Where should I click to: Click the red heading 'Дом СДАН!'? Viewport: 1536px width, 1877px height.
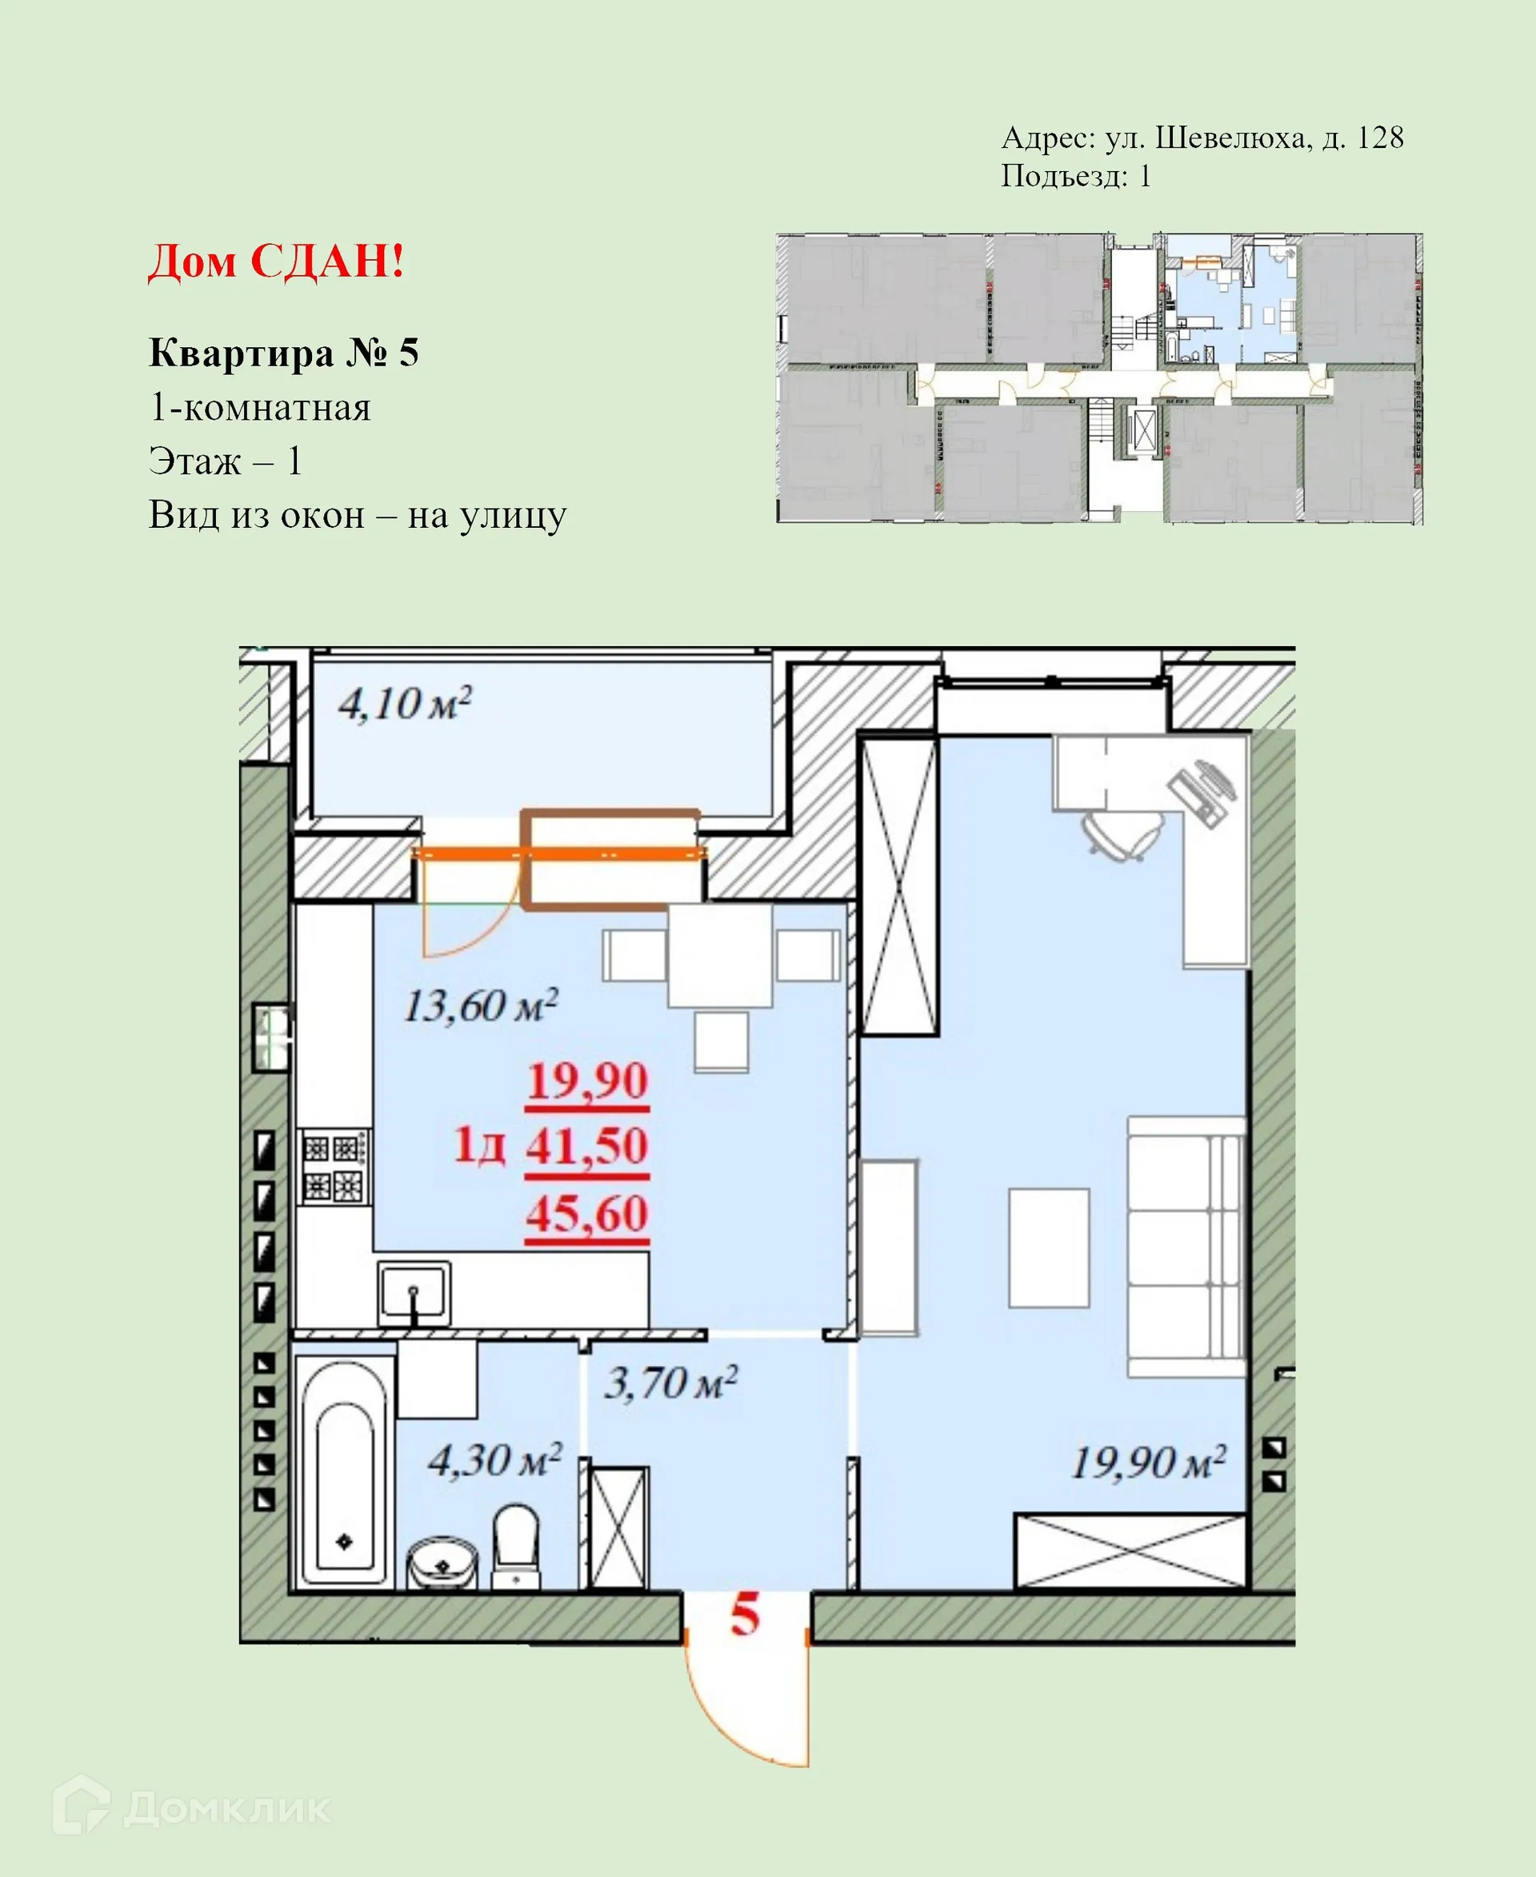[276, 261]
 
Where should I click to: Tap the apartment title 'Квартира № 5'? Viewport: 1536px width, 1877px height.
[283, 352]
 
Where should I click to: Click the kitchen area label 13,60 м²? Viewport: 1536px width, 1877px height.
[481, 1006]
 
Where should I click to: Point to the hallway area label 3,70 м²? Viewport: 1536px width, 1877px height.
[670, 1383]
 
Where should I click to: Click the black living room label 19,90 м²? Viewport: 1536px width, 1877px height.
[1147, 1463]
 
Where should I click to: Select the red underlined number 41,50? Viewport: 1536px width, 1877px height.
[586, 1146]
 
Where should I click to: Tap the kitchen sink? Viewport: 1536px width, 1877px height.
[413, 1293]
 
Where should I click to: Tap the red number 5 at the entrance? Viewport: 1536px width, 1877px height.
[744, 1615]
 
